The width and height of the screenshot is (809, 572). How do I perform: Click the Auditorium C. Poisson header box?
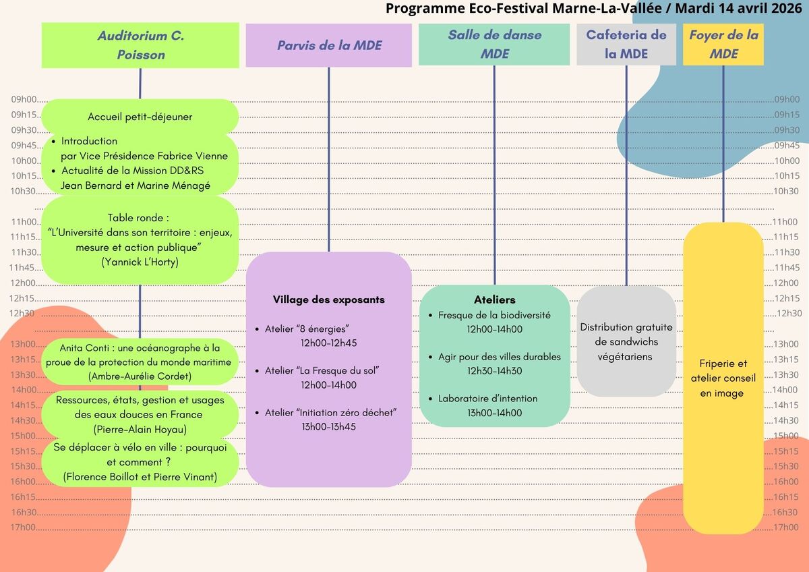[x=140, y=45]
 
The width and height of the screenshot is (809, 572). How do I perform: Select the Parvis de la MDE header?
[x=328, y=45]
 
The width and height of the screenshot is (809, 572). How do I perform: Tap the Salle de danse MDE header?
[x=494, y=45]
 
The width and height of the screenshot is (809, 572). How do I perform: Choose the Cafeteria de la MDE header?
[x=626, y=45]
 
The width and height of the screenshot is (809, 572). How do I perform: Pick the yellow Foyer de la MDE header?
[x=723, y=45]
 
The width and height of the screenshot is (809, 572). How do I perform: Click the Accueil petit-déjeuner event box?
[x=140, y=117]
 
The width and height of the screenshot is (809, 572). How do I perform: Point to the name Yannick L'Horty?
[x=140, y=262]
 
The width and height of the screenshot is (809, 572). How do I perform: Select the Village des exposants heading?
[x=328, y=299]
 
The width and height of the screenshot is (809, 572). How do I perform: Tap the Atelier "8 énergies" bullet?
[x=307, y=328]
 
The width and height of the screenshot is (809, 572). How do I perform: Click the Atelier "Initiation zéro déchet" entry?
[x=330, y=412]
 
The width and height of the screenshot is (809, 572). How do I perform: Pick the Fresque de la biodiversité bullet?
[x=494, y=315]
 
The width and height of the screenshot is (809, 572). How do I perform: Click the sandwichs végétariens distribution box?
[x=626, y=341]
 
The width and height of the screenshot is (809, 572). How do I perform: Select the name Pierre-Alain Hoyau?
[x=140, y=429]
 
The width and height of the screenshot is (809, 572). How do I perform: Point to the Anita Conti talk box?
[x=140, y=362]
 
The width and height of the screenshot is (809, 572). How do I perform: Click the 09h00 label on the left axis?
[x=24, y=100]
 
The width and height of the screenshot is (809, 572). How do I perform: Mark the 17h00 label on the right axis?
[x=786, y=527]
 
